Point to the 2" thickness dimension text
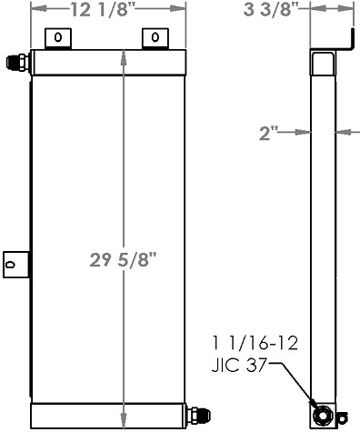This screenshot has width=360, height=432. coord(268,134)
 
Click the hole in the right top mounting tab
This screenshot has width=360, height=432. coord(155,38)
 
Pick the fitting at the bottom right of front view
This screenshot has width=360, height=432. coord(195,417)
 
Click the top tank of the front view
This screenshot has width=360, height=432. coord(108,62)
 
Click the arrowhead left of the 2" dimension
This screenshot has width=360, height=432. coord(305,134)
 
